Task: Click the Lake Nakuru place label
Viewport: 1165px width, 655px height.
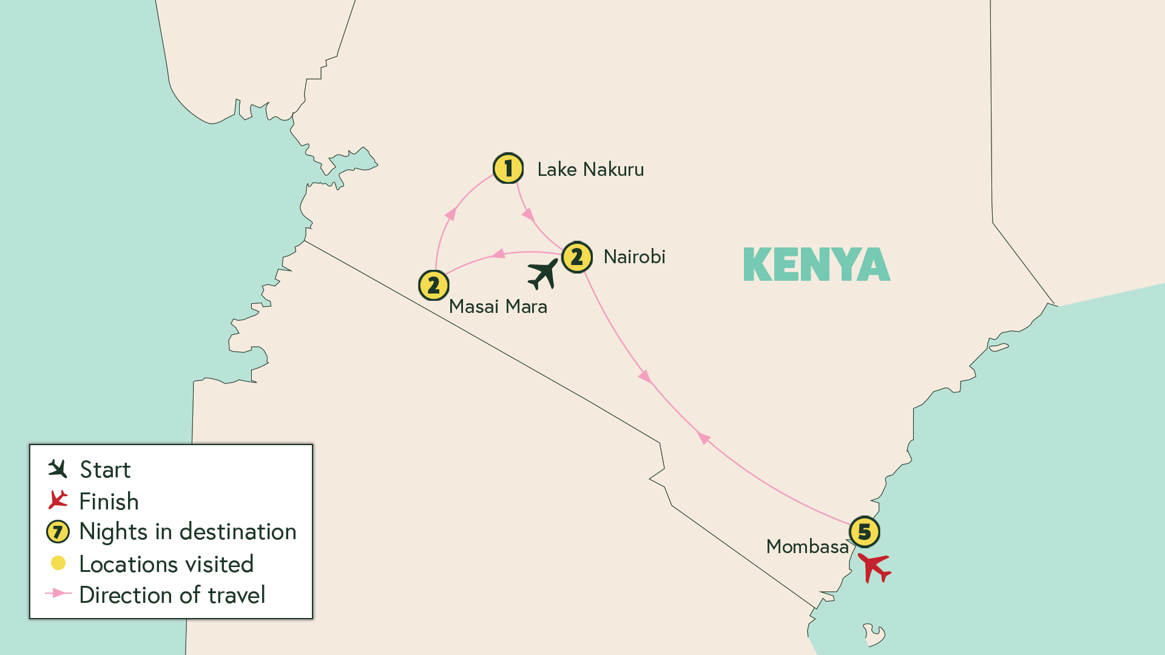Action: tap(590, 170)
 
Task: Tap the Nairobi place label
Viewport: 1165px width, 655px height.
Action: tap(634, 257)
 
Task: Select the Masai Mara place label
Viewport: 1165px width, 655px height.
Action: tap(498, 307)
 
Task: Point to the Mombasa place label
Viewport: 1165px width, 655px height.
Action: tap(807, 546)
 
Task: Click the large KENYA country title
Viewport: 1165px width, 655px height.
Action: tap(817, 264)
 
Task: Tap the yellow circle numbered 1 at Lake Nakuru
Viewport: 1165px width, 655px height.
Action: tap(508, 169)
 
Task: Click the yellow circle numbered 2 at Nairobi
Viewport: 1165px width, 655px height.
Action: tap(576, 257)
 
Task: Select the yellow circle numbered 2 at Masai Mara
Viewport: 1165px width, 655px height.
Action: tap(433, 285)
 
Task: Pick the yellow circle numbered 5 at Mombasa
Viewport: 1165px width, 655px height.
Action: tap(864, 532)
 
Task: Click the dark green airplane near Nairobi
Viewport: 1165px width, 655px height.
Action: tap(542, 274)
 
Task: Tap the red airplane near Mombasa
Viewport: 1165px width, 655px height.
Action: tap(874, 568)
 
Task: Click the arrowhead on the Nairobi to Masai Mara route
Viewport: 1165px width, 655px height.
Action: tap(499, 254)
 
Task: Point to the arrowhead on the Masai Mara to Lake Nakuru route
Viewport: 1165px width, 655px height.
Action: tap(451, 213)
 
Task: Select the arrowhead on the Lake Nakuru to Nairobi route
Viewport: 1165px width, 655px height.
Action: tap(528, 214)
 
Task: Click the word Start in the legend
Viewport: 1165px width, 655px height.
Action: tap(105, 470)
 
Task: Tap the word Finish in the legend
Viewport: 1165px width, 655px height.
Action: tap(109, 502)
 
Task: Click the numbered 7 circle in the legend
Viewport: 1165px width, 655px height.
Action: tap(58, 532)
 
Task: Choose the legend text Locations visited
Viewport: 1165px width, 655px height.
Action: tap(166, 564)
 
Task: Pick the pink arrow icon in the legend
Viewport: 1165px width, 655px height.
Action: tap(58, 593)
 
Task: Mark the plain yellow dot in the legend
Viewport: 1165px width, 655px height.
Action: tap(58, 563)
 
